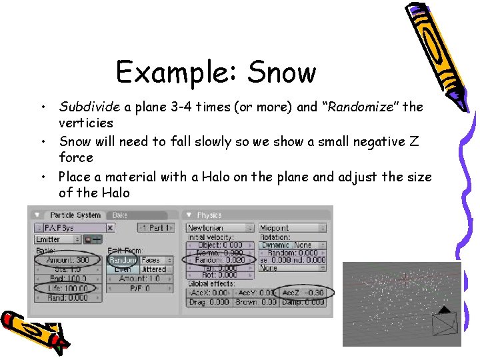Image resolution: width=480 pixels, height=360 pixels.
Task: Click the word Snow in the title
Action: (281, 72)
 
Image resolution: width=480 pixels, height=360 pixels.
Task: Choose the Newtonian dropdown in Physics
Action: (219, 228)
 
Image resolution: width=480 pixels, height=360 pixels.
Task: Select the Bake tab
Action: (121, 215)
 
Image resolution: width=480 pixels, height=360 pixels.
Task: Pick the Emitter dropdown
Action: (57, 239)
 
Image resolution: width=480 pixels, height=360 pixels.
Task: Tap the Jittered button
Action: (153, 269)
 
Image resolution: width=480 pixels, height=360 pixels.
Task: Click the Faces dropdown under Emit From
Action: (154, 260)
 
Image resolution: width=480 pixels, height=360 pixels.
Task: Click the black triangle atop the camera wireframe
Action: (443, 310)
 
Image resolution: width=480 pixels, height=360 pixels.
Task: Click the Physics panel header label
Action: (210, 215)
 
